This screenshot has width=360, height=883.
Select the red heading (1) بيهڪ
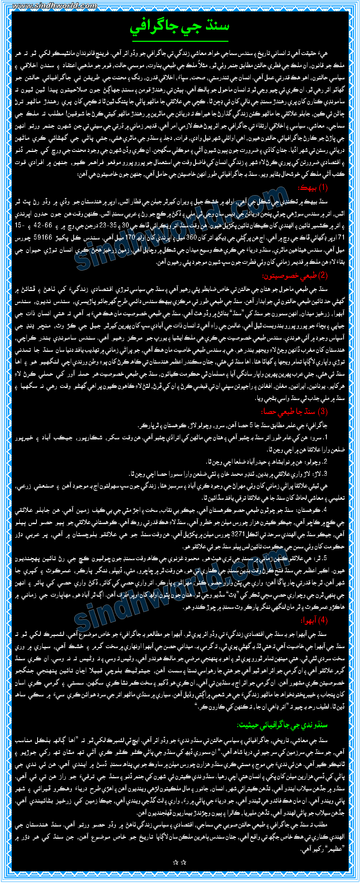point(313,188)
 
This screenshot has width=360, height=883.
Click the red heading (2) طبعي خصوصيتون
point(295,276)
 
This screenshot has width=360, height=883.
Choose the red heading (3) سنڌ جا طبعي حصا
point(295,411)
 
